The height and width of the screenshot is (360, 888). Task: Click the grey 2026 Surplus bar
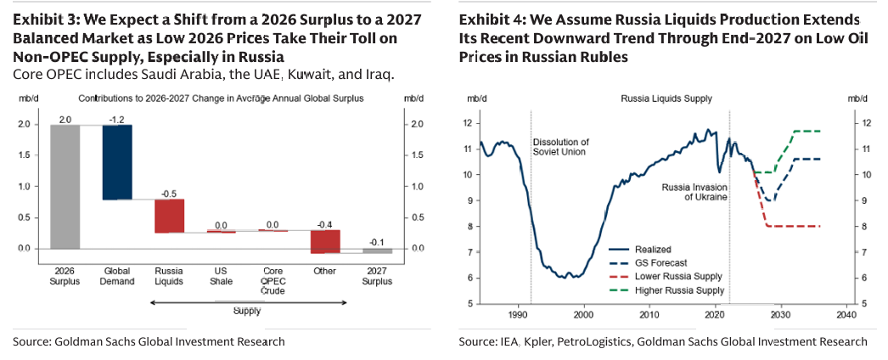(x=65, y=186)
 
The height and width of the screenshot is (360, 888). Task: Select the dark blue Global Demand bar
(x=117, y=161)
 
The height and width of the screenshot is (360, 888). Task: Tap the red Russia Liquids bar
(x=169, y=216)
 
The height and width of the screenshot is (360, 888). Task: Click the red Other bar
(x=325, y=241)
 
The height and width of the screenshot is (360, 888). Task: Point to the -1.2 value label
(x=117, y=118)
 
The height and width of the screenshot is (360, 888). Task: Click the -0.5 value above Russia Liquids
(x=169, y=193)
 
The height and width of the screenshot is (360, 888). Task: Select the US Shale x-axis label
(x=221, y=276)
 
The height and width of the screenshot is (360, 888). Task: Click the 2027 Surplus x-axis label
(x=377, y=276)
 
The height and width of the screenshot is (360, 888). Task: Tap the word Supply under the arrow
(x=247, y=312)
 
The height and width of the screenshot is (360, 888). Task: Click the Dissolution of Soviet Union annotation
(x=561, y=146)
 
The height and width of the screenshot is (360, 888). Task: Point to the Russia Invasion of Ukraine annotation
(x=694, y=191)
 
